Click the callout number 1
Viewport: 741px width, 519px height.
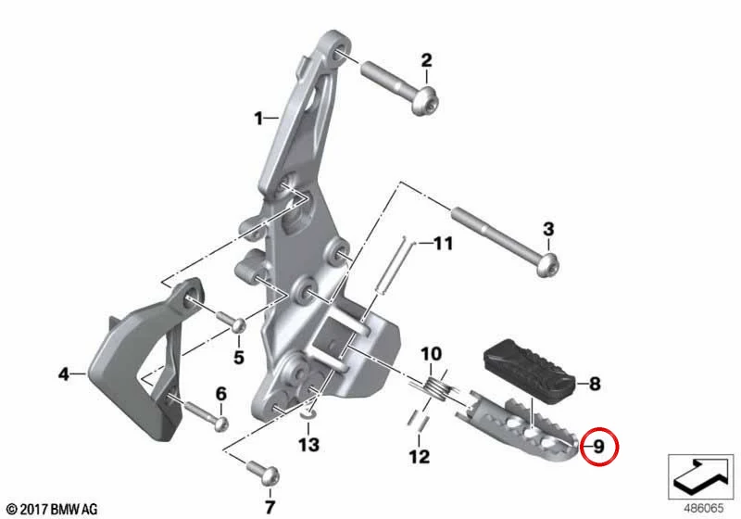[x=258, y=119]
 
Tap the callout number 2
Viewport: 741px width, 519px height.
[x=426, y=60]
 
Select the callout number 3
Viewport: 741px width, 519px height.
[x=548, y=229]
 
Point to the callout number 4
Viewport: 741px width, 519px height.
[x=64, y=374]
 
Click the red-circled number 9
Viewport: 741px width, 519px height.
[x=598, y=447]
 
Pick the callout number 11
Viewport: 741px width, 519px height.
[x=444, y=244]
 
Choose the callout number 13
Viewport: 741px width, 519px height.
[x=308, y=444]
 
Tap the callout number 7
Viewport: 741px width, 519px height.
[x=270, y=507]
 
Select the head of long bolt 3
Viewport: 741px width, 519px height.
[x=547, y=264]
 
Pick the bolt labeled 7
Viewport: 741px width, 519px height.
[x=262, y=473]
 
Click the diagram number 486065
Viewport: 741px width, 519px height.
[x=704, y=508]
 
